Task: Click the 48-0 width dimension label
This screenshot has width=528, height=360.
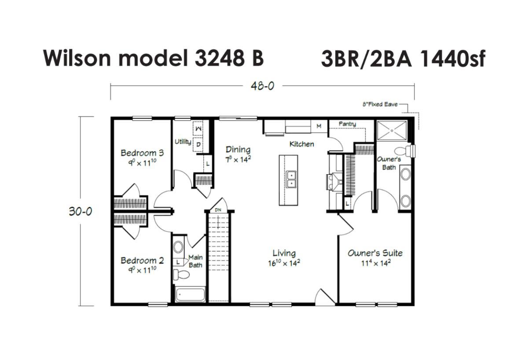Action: (262, 86)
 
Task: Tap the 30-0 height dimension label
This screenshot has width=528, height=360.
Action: (81, 211)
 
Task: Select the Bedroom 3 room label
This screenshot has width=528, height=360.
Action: (142, 153)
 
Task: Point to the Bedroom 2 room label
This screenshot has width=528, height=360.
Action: (142, 261)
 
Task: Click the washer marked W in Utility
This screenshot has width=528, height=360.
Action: (198, 129)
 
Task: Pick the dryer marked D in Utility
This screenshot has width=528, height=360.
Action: (198, 144)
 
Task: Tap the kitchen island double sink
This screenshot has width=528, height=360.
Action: (291, 180)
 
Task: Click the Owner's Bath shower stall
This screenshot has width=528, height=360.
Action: (392, 130)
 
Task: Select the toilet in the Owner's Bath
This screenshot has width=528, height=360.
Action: (404, 151)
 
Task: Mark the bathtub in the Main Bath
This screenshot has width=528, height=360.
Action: (190, 294)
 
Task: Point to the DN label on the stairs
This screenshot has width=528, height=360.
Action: (218, 210)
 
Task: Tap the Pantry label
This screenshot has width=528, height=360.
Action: (347, 124)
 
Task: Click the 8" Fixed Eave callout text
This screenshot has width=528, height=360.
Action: (380, 104)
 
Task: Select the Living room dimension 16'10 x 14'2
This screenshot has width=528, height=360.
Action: (284, 263)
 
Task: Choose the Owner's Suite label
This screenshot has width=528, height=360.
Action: (375, 253)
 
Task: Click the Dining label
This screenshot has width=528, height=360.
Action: (238, 150)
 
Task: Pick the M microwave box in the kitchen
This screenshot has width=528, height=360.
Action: (319, 126)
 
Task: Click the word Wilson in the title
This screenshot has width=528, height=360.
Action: (77, 58)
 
